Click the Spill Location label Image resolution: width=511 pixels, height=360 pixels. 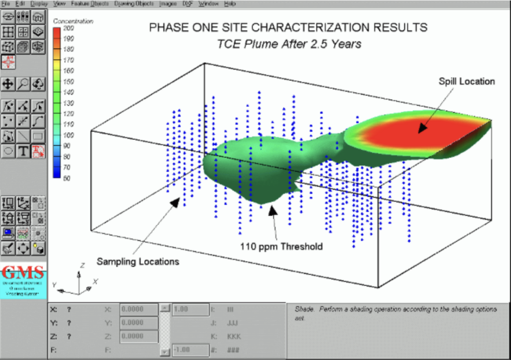coord(467,81)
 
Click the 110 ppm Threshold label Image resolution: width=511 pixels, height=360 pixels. coord(281,246)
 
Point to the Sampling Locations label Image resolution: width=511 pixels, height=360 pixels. coord(138,261)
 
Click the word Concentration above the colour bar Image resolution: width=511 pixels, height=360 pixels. coord(73,21)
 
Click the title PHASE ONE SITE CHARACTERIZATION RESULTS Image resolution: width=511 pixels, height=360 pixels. coord(288,27)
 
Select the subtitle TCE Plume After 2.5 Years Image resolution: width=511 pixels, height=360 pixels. coord(288,44)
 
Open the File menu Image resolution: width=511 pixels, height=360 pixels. coord(6,3)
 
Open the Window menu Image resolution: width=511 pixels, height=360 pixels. coord(208,3)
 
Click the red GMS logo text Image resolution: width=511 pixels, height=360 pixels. coord(23,273)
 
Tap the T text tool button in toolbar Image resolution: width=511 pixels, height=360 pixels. coord(23,150)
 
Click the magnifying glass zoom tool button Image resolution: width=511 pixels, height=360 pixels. coord(23,84)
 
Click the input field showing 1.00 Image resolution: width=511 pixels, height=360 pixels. coord(190,309)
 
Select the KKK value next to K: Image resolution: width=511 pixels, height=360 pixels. coord(234,336)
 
